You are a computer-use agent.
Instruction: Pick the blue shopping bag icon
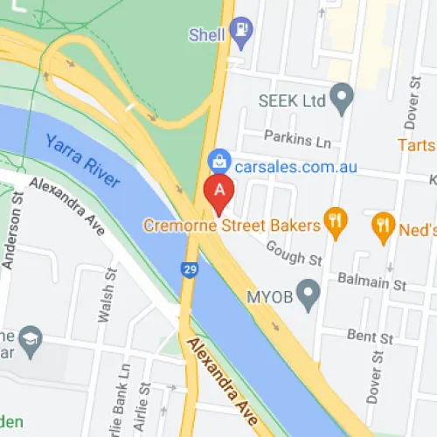(217, 160)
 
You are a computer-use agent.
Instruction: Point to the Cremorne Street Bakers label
(232, 225)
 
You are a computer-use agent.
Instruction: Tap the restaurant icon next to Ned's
(382, 226)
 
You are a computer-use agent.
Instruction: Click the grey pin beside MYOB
(308, 295)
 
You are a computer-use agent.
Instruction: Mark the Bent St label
(371, 336)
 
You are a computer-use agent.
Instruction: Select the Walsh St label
(106, 302)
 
